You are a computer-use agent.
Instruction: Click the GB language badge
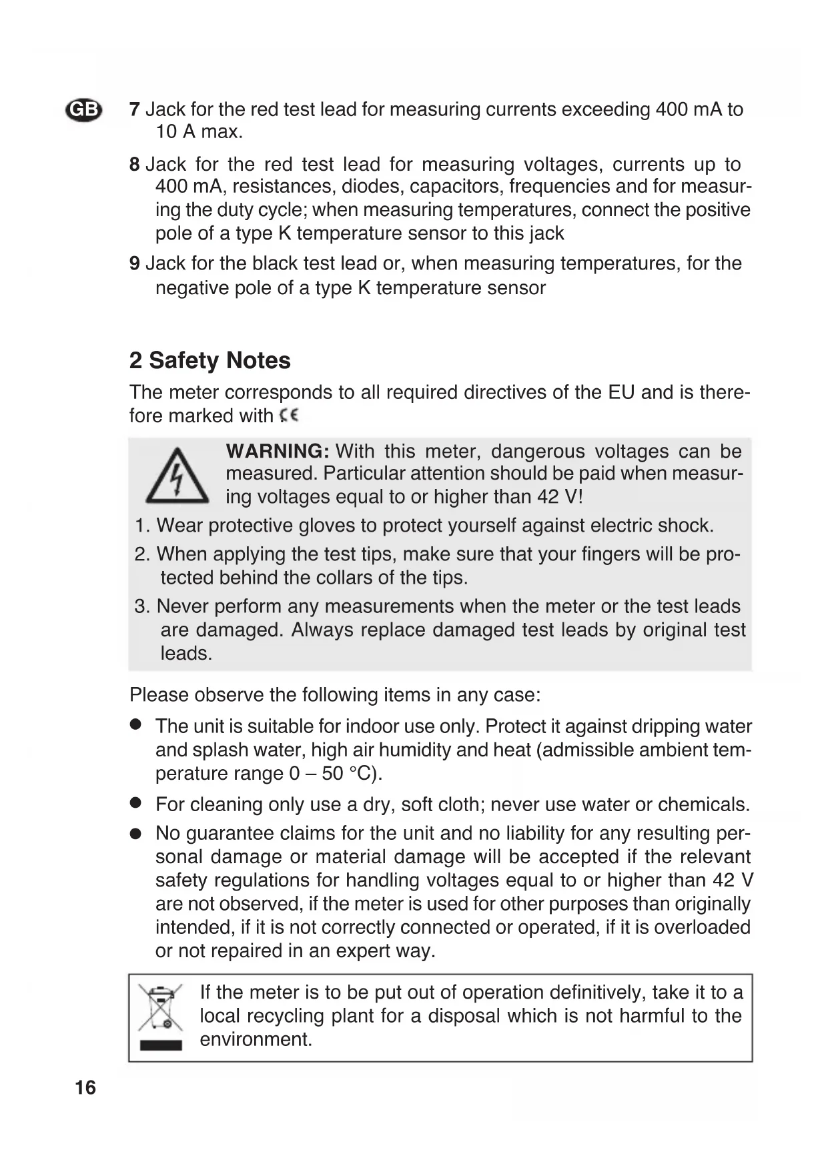(x=84, y=109)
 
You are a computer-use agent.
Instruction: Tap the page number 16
(x=85, y=1088)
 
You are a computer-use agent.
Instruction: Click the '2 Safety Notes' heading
(x=210, y=360)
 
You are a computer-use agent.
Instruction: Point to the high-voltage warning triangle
(x=177, y=476)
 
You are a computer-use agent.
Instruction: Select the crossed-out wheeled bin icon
(x=161, y=1009)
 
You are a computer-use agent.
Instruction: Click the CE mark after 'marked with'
(x=289, y=416)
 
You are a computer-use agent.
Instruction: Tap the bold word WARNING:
(x=278, y=451)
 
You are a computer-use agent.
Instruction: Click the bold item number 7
(x=134, y=109)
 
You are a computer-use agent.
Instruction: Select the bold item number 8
(x=134, y=164)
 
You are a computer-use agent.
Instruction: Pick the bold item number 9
(x=134, y=263)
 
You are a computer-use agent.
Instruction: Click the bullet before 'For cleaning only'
(x=136, y=803)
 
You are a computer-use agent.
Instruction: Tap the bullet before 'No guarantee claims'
(x=136, y=833)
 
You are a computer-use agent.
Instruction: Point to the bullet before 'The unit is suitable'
(x=136, y=724)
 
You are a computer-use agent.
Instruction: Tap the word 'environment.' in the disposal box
(x=256, y=1039)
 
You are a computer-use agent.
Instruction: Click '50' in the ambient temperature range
(x=332, y=773)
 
